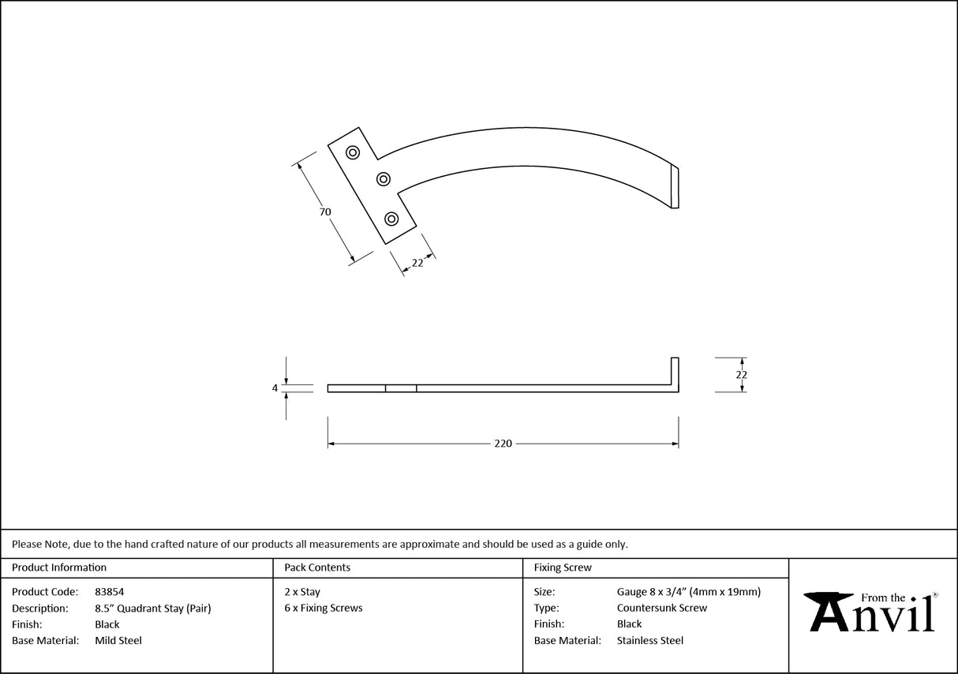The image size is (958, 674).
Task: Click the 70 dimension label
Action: (x=325, y=212)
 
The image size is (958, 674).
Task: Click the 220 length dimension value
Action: (x=503, y=444)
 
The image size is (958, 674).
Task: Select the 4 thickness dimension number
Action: (x=275, y=388)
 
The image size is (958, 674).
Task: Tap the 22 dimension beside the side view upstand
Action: (x=741, y=375)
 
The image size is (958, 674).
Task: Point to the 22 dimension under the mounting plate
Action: (x=417, y=264)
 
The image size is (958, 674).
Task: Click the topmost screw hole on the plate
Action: (x=353, y=152)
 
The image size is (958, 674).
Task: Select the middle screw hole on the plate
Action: (x=384, y=178)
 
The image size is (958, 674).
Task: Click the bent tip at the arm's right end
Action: (x=675, y=187)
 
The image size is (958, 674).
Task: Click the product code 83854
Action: (x=109, y=591)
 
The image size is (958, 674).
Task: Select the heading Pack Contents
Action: (x=317, y=567)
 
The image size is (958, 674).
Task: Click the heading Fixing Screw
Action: (x=563, y=567)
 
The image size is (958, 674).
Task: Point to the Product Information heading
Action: (x=59, y=567)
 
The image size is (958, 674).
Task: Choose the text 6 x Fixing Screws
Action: (x=324, y=608)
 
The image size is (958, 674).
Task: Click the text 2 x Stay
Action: (x=302, y=591)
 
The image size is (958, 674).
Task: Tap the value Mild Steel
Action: (x=118, y=641)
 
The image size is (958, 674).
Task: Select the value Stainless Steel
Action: (x=650, y=641)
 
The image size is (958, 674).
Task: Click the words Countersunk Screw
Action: (x=662, y=608)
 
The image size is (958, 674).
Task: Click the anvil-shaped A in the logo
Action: (x=829, y=611)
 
